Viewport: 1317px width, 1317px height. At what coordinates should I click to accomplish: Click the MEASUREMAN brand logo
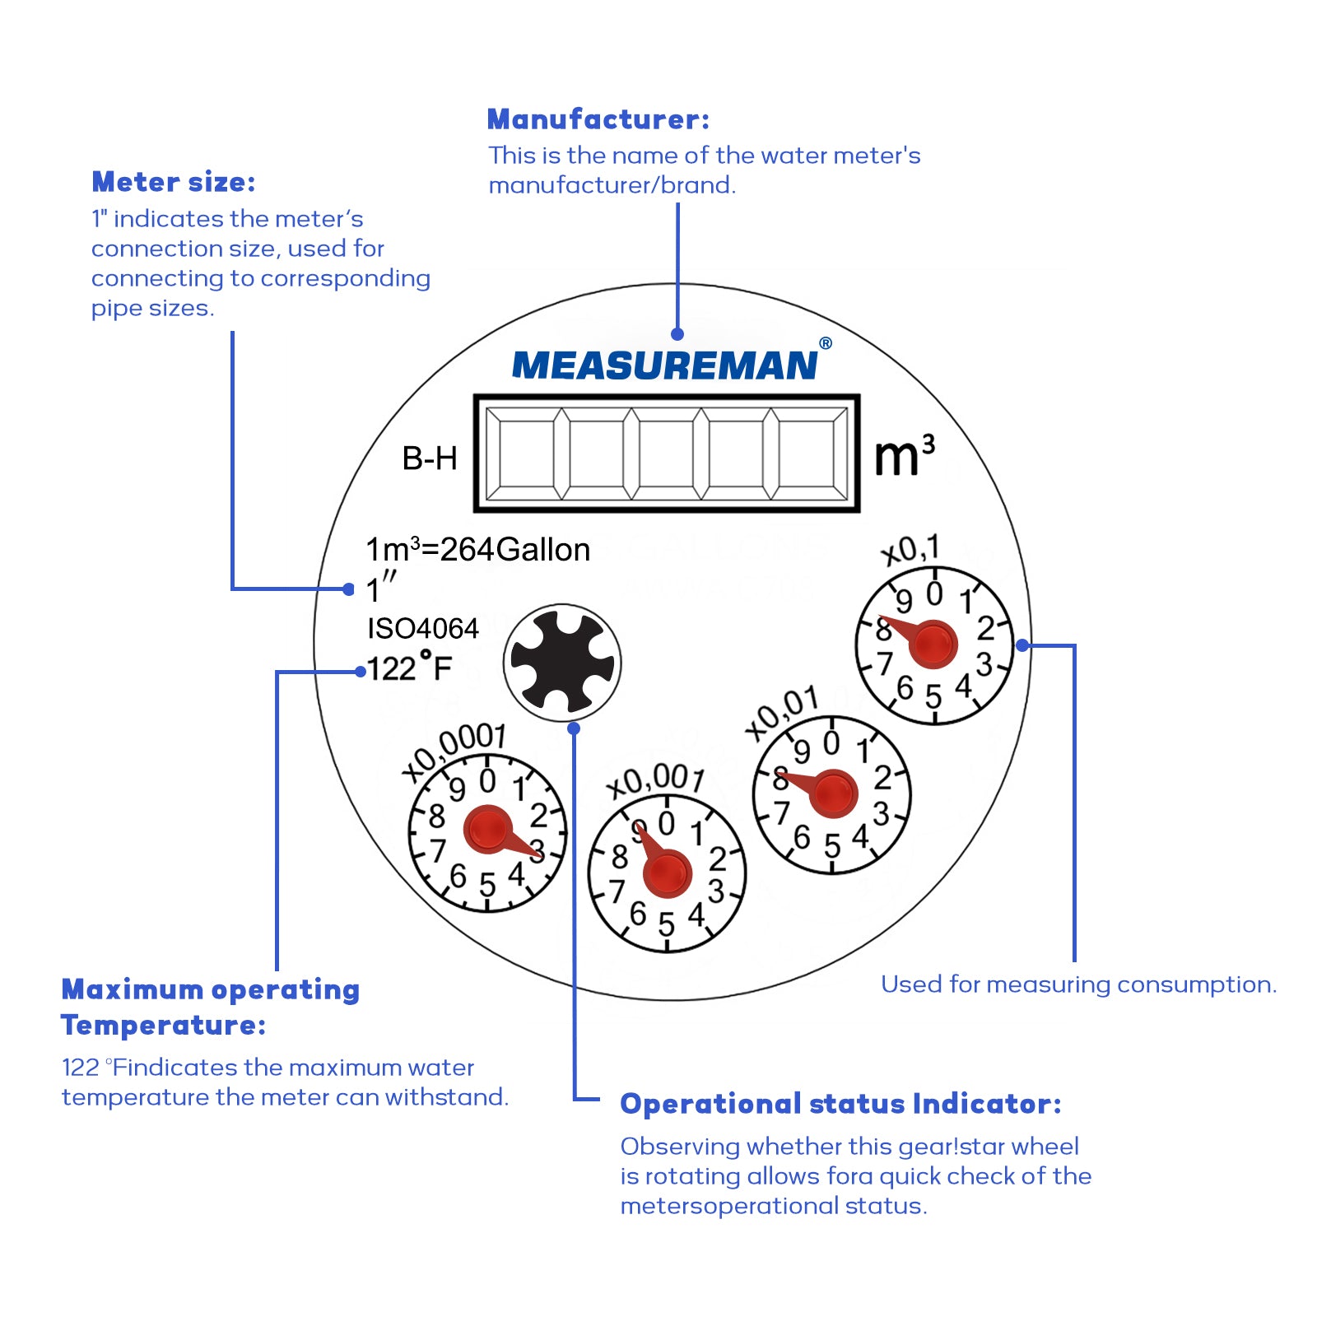tap(664, 365)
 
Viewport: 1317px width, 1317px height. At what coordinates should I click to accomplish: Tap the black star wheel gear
tap(562, 663)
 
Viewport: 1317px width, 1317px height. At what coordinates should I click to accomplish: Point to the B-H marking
tap(429, 458)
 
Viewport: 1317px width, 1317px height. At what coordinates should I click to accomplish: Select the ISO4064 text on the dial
tap(422, 629)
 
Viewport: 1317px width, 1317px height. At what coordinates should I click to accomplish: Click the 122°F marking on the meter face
tap(409, 668)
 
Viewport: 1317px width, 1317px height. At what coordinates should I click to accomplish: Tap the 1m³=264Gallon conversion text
tap(477, 550)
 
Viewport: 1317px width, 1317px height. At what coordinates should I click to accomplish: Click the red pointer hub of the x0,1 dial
tap(933, 645)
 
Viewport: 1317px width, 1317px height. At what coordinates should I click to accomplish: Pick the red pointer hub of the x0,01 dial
tap(833, 793)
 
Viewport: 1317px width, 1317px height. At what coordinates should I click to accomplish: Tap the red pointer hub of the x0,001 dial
tap(667, 873)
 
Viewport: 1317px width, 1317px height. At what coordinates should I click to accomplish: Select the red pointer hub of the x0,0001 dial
tap(488, 830)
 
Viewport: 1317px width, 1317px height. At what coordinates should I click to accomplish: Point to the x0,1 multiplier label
tap(910, 550)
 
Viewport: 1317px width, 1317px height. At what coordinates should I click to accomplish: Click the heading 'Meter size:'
tap(174, 182)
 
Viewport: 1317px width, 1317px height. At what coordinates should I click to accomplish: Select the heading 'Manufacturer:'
tap(598, 119)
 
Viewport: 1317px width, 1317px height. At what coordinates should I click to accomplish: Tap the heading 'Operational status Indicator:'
tap(840, 1104)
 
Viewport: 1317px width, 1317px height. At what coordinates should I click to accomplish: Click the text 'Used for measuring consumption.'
tap(1078, 984)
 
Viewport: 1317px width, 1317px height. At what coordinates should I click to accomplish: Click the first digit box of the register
tap(526, 454)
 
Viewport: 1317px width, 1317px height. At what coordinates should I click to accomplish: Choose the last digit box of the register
tap(807, 454)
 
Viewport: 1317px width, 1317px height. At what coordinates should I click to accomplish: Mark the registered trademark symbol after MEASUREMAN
tap(826, 343)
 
